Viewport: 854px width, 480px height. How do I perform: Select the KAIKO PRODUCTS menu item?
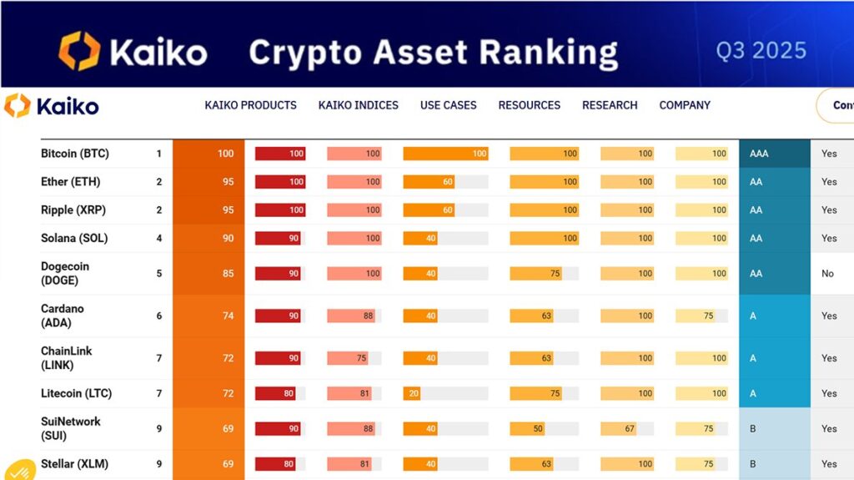coord(250,105)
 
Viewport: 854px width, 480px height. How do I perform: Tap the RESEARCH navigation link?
coord(610,105)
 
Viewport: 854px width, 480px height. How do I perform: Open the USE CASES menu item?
coord(448,105)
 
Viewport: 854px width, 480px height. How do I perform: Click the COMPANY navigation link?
coord(685,105)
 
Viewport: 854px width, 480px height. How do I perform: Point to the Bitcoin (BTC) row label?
coord(75,154)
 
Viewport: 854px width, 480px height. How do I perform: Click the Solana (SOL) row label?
coord(74,238)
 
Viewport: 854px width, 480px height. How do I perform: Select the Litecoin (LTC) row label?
coord(76,393)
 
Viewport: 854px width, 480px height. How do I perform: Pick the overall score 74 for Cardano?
coord(224,316)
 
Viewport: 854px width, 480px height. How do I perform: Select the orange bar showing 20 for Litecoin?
coord(412,393)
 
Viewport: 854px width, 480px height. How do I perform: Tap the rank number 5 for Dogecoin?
coord(158,273)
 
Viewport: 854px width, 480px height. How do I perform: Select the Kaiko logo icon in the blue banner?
coord(79,51)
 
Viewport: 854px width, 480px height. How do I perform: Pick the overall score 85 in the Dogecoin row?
coord(224,273)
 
